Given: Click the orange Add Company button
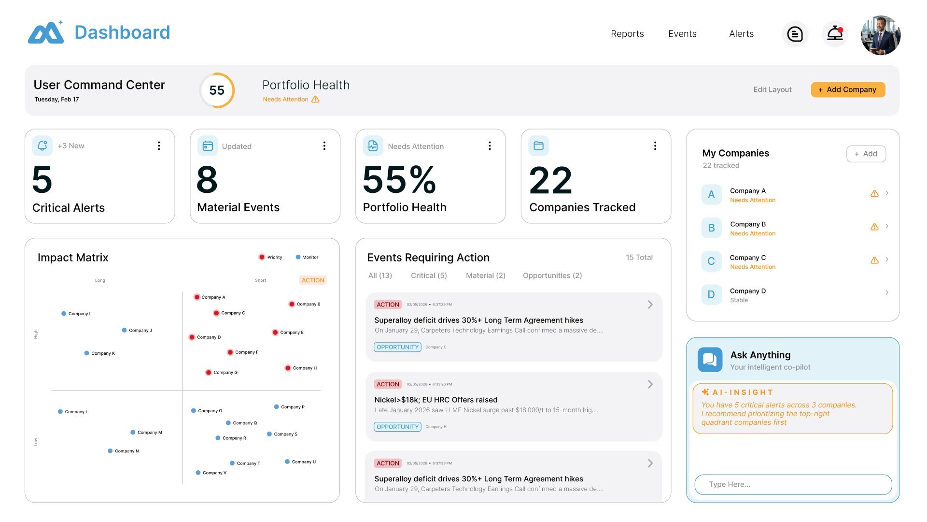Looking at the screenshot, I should [x=848, y=89].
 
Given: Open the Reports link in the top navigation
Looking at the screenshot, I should [x=627, y=34].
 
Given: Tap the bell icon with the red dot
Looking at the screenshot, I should [x=835, y=34].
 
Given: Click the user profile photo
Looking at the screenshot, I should [x=880, y=35].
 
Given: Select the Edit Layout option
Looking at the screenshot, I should [x=772, y=89].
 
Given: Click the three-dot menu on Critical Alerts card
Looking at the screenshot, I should [x=159, y=146].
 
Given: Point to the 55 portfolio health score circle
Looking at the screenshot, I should [x=217, y=90].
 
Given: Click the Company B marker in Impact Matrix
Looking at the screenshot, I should [x=292, y=304].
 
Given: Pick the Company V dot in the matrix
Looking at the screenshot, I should [x=198, y=473].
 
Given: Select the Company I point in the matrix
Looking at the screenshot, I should [x=64, y=314].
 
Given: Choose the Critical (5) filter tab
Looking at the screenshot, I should [x=429, y=275].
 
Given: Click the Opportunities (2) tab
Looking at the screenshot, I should [x=552, y=275].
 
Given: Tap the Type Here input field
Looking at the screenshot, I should [x=793, y=484].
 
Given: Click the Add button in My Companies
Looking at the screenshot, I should [x=866, y=154].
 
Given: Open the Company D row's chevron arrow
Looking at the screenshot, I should [x=887, y=292].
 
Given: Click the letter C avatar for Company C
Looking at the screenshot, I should [x=711, y=261].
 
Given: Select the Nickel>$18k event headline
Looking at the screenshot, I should [x=435, y=400].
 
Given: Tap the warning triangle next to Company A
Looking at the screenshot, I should [x=874, y=193].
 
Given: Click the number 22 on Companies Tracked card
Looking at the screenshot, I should [x=550, y=180].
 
